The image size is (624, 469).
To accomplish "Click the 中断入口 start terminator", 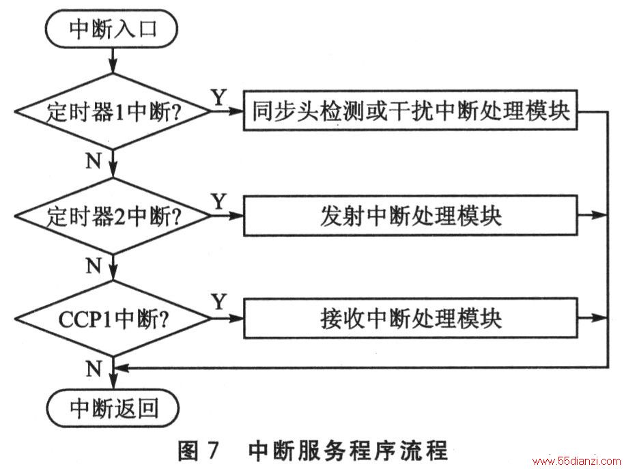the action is point(111,29).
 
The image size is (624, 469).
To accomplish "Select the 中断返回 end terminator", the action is point(113,408).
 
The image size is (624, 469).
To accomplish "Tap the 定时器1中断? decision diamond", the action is point(113,111).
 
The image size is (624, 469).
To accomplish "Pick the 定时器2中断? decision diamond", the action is point(113,216).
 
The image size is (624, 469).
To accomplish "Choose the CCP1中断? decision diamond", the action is point(113,319).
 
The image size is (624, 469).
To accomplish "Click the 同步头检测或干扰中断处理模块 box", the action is point(410,110).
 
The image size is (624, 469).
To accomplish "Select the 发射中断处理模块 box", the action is point(410,216).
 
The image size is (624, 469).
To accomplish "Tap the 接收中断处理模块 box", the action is point(410,318).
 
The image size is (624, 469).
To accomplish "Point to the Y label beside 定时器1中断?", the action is point(219,97).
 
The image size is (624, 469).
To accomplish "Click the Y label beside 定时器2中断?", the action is point(219,201).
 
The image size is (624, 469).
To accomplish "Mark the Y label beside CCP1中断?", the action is point(219,302).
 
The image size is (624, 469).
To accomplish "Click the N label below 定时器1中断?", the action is point(94,160).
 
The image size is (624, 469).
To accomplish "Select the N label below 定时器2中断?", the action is point(94,266).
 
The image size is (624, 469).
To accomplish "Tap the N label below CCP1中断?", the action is point(94,369).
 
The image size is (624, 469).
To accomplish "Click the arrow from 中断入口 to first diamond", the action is point(113,61).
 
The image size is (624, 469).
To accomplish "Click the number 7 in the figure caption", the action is point(213,451).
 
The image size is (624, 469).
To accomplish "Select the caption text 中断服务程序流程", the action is point(348,451).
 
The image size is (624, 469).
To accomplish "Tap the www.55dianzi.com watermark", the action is point(577,461).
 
